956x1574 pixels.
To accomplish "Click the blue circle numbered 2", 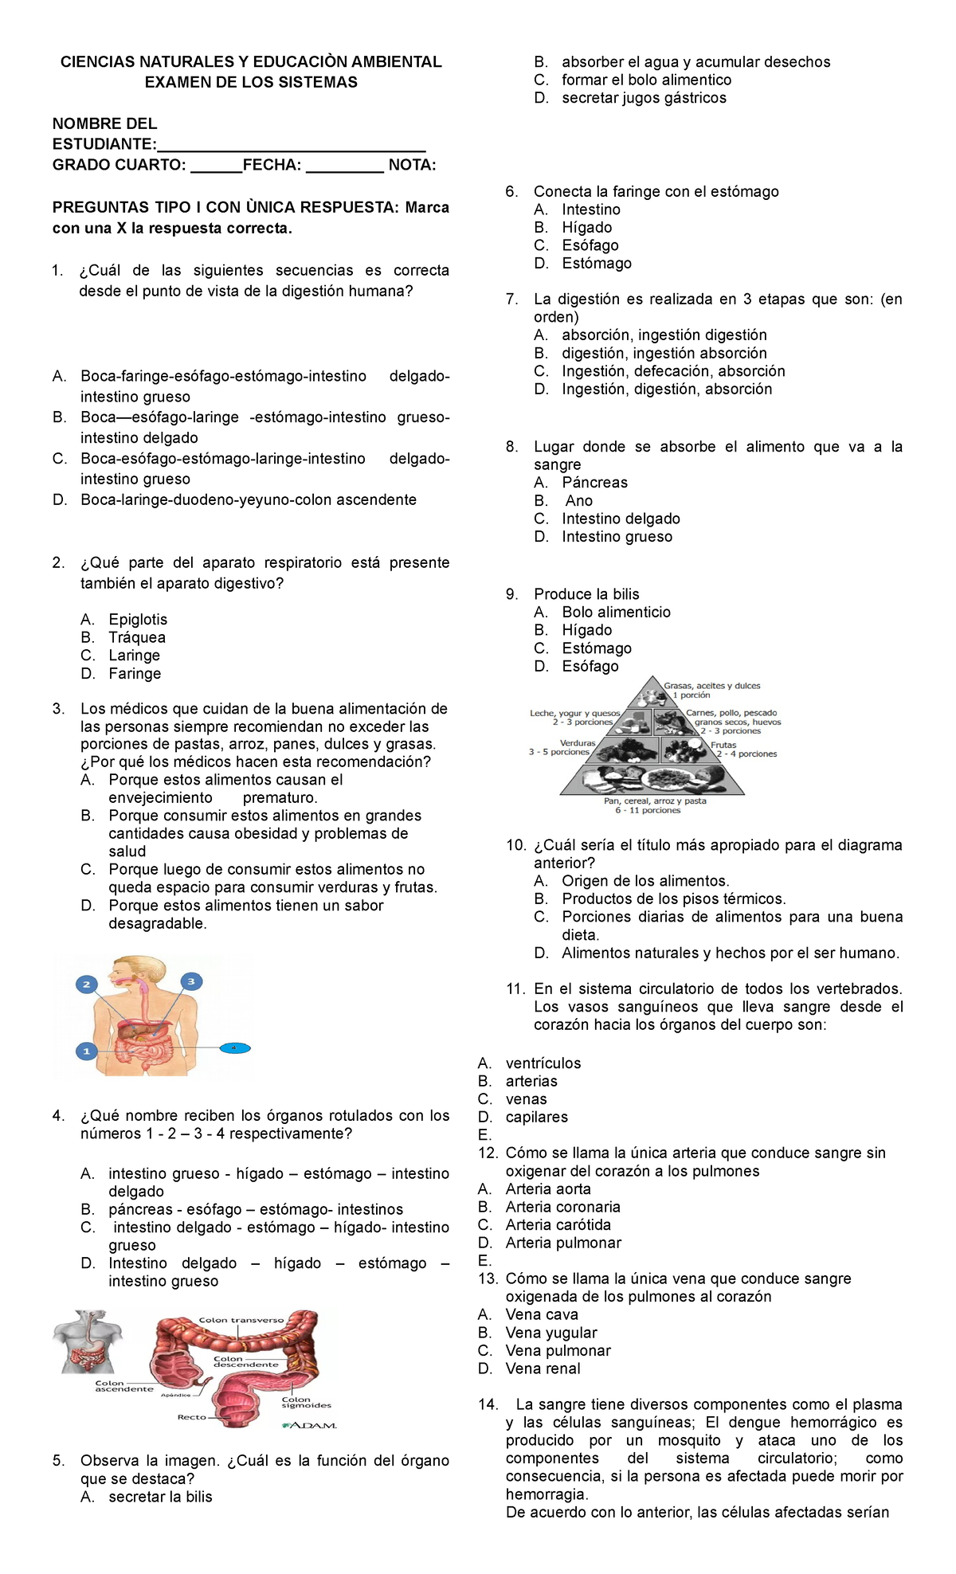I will (86, 985).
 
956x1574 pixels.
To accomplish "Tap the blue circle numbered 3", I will (190, 981).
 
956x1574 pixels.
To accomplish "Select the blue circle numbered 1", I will (87, 1051).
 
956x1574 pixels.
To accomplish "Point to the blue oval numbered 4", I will (234, 1047).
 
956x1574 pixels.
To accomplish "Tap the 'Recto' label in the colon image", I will (192, 1417).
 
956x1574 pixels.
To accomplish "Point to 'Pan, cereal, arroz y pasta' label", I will (654, 801).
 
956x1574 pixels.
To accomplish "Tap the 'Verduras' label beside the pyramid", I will (578, 742).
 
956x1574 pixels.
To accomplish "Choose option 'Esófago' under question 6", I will (590, 245).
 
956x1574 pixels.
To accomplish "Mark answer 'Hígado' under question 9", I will (586, 630).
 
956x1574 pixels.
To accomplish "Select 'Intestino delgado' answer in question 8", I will (621, 519).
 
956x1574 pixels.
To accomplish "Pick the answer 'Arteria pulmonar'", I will (562, 1243).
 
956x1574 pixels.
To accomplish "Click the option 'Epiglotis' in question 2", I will (138, 619).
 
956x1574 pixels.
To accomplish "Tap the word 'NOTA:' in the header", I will (412, 165).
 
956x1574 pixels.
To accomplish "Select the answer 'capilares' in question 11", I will (536, 1117).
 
